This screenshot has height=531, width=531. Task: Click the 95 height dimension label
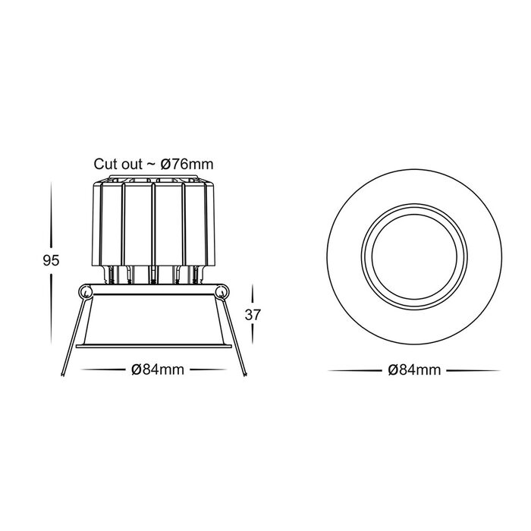(x=51, y=260)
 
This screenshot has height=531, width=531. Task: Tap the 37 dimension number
(x=253, y=315)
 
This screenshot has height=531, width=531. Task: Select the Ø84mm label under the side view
(x=158, y=369)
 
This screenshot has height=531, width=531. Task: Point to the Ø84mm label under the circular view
(x=414, y=370)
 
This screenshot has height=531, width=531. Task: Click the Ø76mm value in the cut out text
(x=187, y=165)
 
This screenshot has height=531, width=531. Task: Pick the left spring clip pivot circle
(x=86, y=292)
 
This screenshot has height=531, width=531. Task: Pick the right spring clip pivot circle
(x=222, y=292)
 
